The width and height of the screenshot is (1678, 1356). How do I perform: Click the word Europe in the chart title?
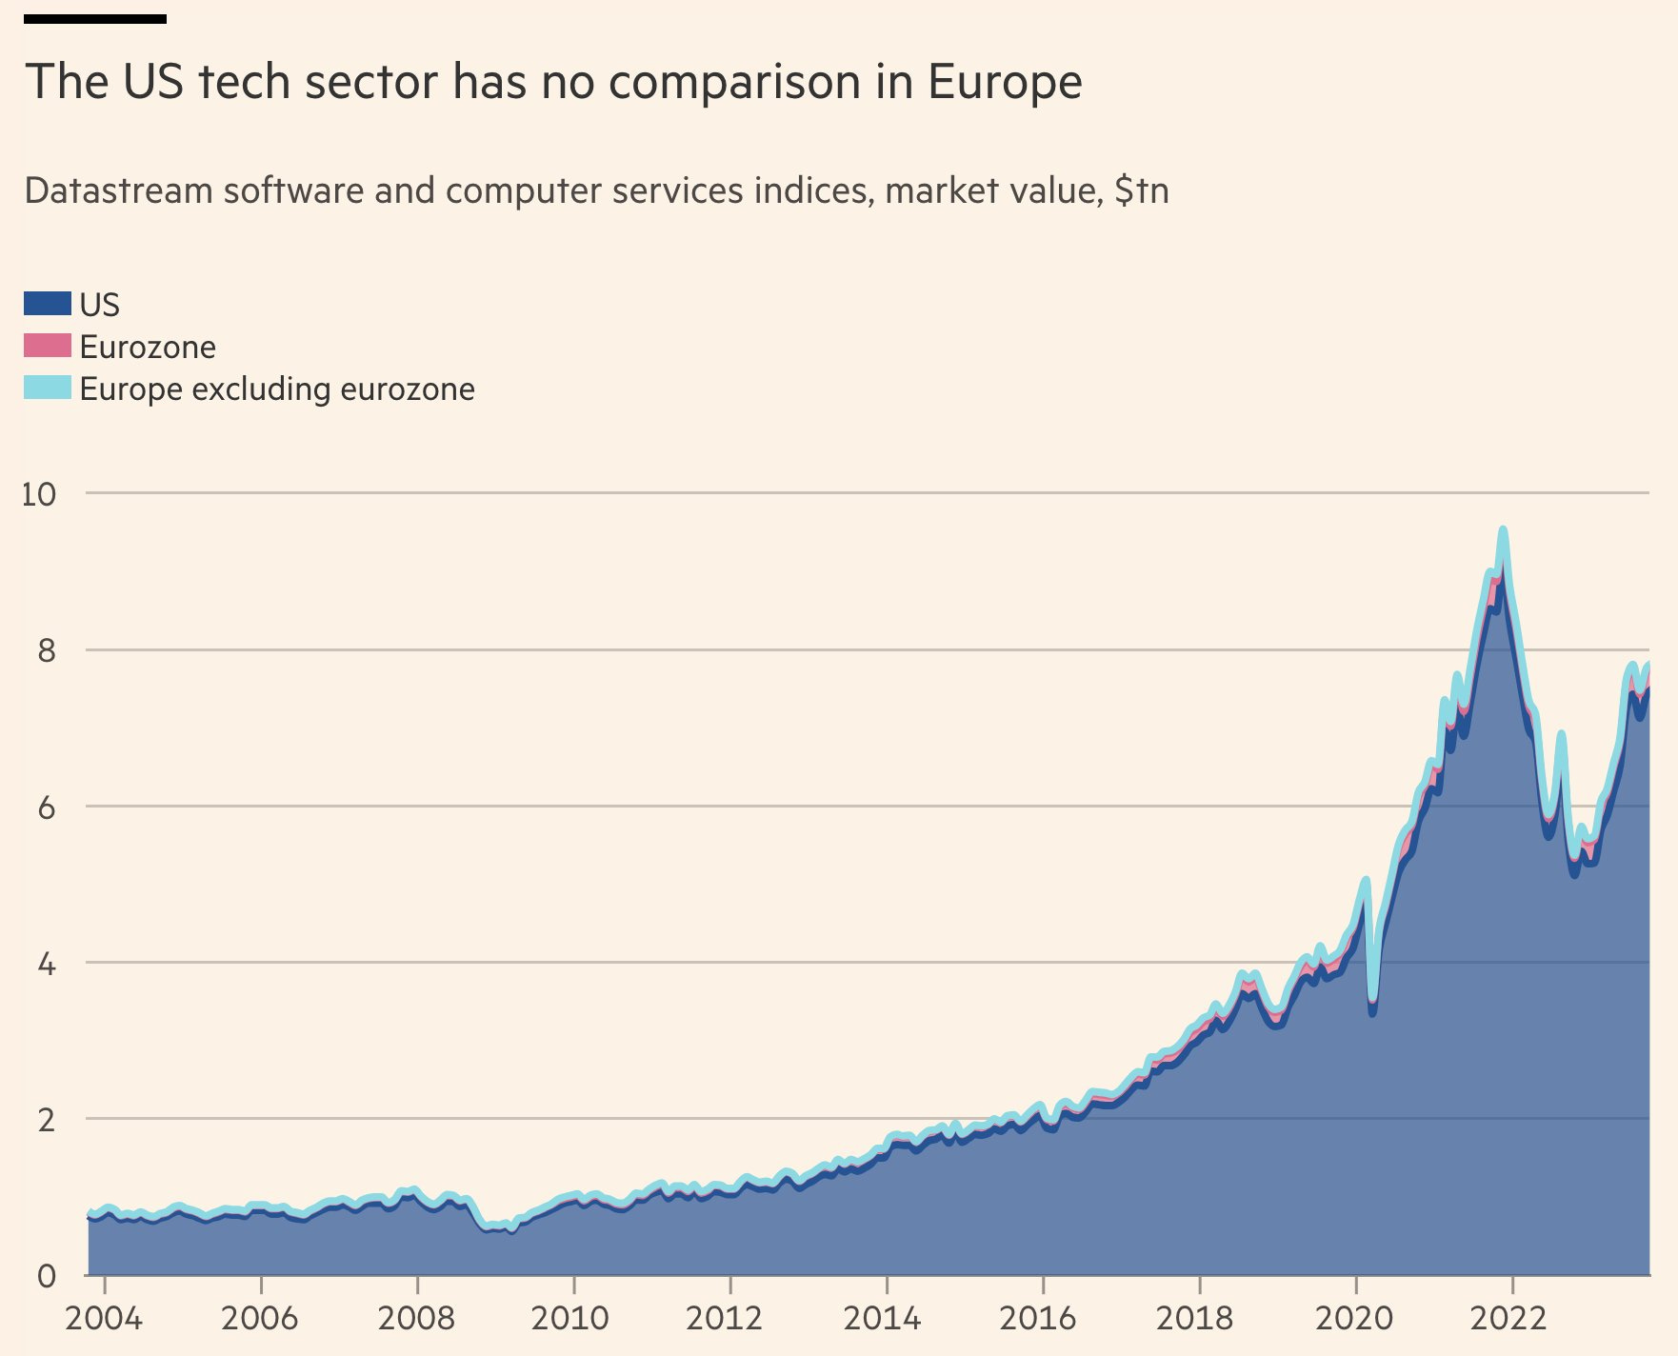pyautogui.click(x=1005, y=82)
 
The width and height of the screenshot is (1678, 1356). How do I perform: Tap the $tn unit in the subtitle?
pyautogui.click(x=1141, y=191)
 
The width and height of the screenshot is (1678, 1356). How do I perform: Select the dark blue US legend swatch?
pyautogui.click(x=47, y=304)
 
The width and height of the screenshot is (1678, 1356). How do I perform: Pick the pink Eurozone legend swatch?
pyautogui.click(x=47, y=346)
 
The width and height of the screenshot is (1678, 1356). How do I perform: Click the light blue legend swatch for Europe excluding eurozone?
pyautogui.click(x=47, y=388)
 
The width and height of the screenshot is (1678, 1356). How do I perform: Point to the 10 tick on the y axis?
pyautogui.click(x=39, y=494)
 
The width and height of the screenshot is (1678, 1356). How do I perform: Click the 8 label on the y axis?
pyautogui.click(x=46, y=651)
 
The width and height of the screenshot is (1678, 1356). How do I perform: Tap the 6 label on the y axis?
pyautogui.click(x=46, y=808)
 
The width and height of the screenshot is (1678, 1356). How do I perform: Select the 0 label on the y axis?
pyautogui.click(x=46, y=1276)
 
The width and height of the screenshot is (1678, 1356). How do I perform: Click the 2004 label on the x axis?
pyautogui.click(x=103, y=1319)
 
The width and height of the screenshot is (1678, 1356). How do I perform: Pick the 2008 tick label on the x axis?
pyautogui.click(x=416, y=1319)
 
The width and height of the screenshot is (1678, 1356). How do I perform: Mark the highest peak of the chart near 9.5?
pyautogui.click(x=1503, y=530)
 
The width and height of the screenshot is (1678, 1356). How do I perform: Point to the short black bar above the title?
pyautogui.click(x=95, y=19)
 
